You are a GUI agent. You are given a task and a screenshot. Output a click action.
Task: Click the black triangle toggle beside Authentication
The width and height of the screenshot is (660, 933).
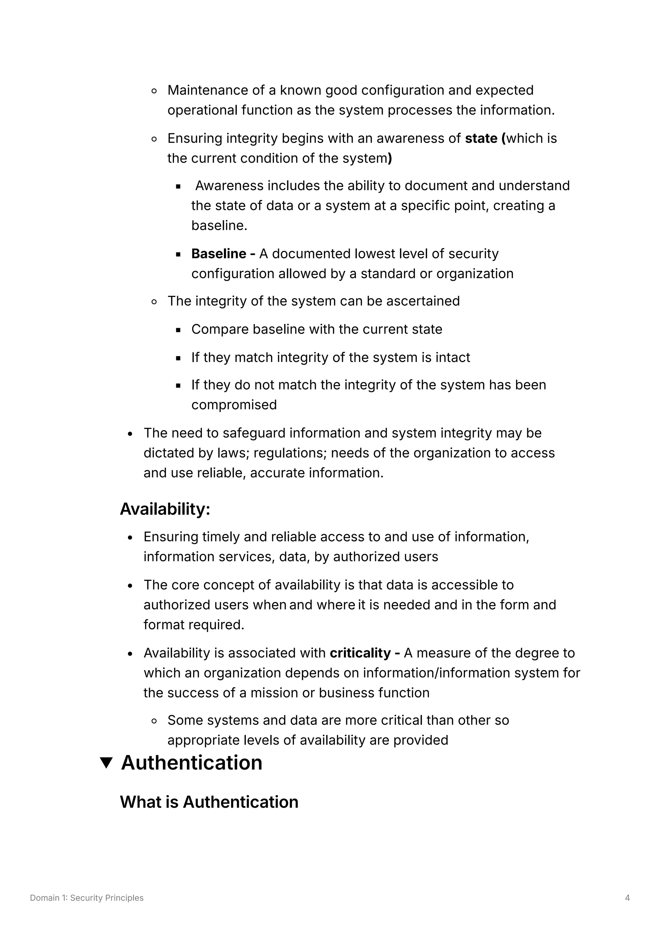click(106, 763)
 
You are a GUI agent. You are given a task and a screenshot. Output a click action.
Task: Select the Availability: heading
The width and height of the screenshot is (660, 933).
click(165, 509)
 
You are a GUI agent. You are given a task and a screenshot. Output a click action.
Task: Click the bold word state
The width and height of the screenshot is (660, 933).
click(481, 138)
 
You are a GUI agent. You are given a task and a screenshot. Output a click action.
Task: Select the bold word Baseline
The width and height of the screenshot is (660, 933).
click(218, 253)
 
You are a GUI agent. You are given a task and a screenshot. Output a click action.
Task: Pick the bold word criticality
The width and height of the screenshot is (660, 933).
click(360, 653)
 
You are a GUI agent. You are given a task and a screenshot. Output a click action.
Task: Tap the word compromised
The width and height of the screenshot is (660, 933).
click(234, 405)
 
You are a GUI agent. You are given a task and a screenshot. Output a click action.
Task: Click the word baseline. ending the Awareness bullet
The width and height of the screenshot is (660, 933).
click(219, 225)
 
